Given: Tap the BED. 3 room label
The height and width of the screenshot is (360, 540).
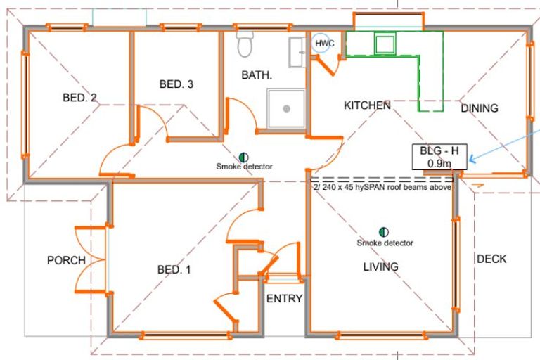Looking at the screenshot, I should click(176, 84).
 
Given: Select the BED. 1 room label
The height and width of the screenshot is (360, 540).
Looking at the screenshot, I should click(174, 269).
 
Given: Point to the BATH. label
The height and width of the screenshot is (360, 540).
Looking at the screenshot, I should click(257, 75).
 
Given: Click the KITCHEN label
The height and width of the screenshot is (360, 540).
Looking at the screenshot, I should click(367, 105).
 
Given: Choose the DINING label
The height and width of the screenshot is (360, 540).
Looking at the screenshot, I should click(480, 108).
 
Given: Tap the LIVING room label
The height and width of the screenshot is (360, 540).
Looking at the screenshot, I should click(380, 266).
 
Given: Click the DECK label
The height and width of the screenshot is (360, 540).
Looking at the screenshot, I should click(491, 259).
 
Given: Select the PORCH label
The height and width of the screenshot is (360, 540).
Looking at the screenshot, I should click(66, 260).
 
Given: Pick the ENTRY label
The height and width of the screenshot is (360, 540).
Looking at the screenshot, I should click(284, 298).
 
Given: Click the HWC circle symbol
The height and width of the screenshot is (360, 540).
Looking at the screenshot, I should click(324, 44).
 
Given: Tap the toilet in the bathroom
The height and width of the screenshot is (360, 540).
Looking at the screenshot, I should click(245, 44).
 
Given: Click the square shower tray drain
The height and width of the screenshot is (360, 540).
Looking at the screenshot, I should click(286, 108).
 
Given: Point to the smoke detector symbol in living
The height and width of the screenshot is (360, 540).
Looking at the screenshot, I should click(384, 231).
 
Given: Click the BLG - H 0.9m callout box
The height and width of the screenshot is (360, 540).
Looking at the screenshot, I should click(439, 157).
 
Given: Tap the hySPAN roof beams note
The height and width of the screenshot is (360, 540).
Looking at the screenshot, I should click(380, 187).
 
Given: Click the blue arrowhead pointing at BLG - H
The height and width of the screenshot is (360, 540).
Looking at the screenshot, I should click(472, 160).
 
